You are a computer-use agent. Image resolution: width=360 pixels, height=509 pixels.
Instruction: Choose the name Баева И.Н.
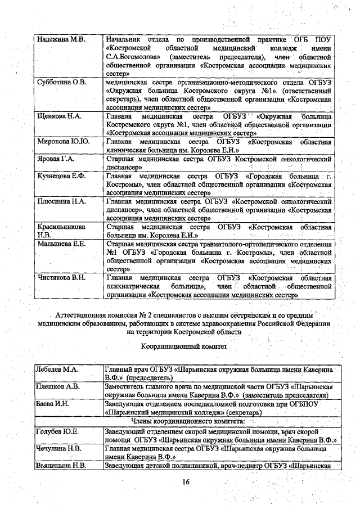coord(52,404)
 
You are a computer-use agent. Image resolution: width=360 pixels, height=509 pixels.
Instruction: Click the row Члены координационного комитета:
coord(186,420)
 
